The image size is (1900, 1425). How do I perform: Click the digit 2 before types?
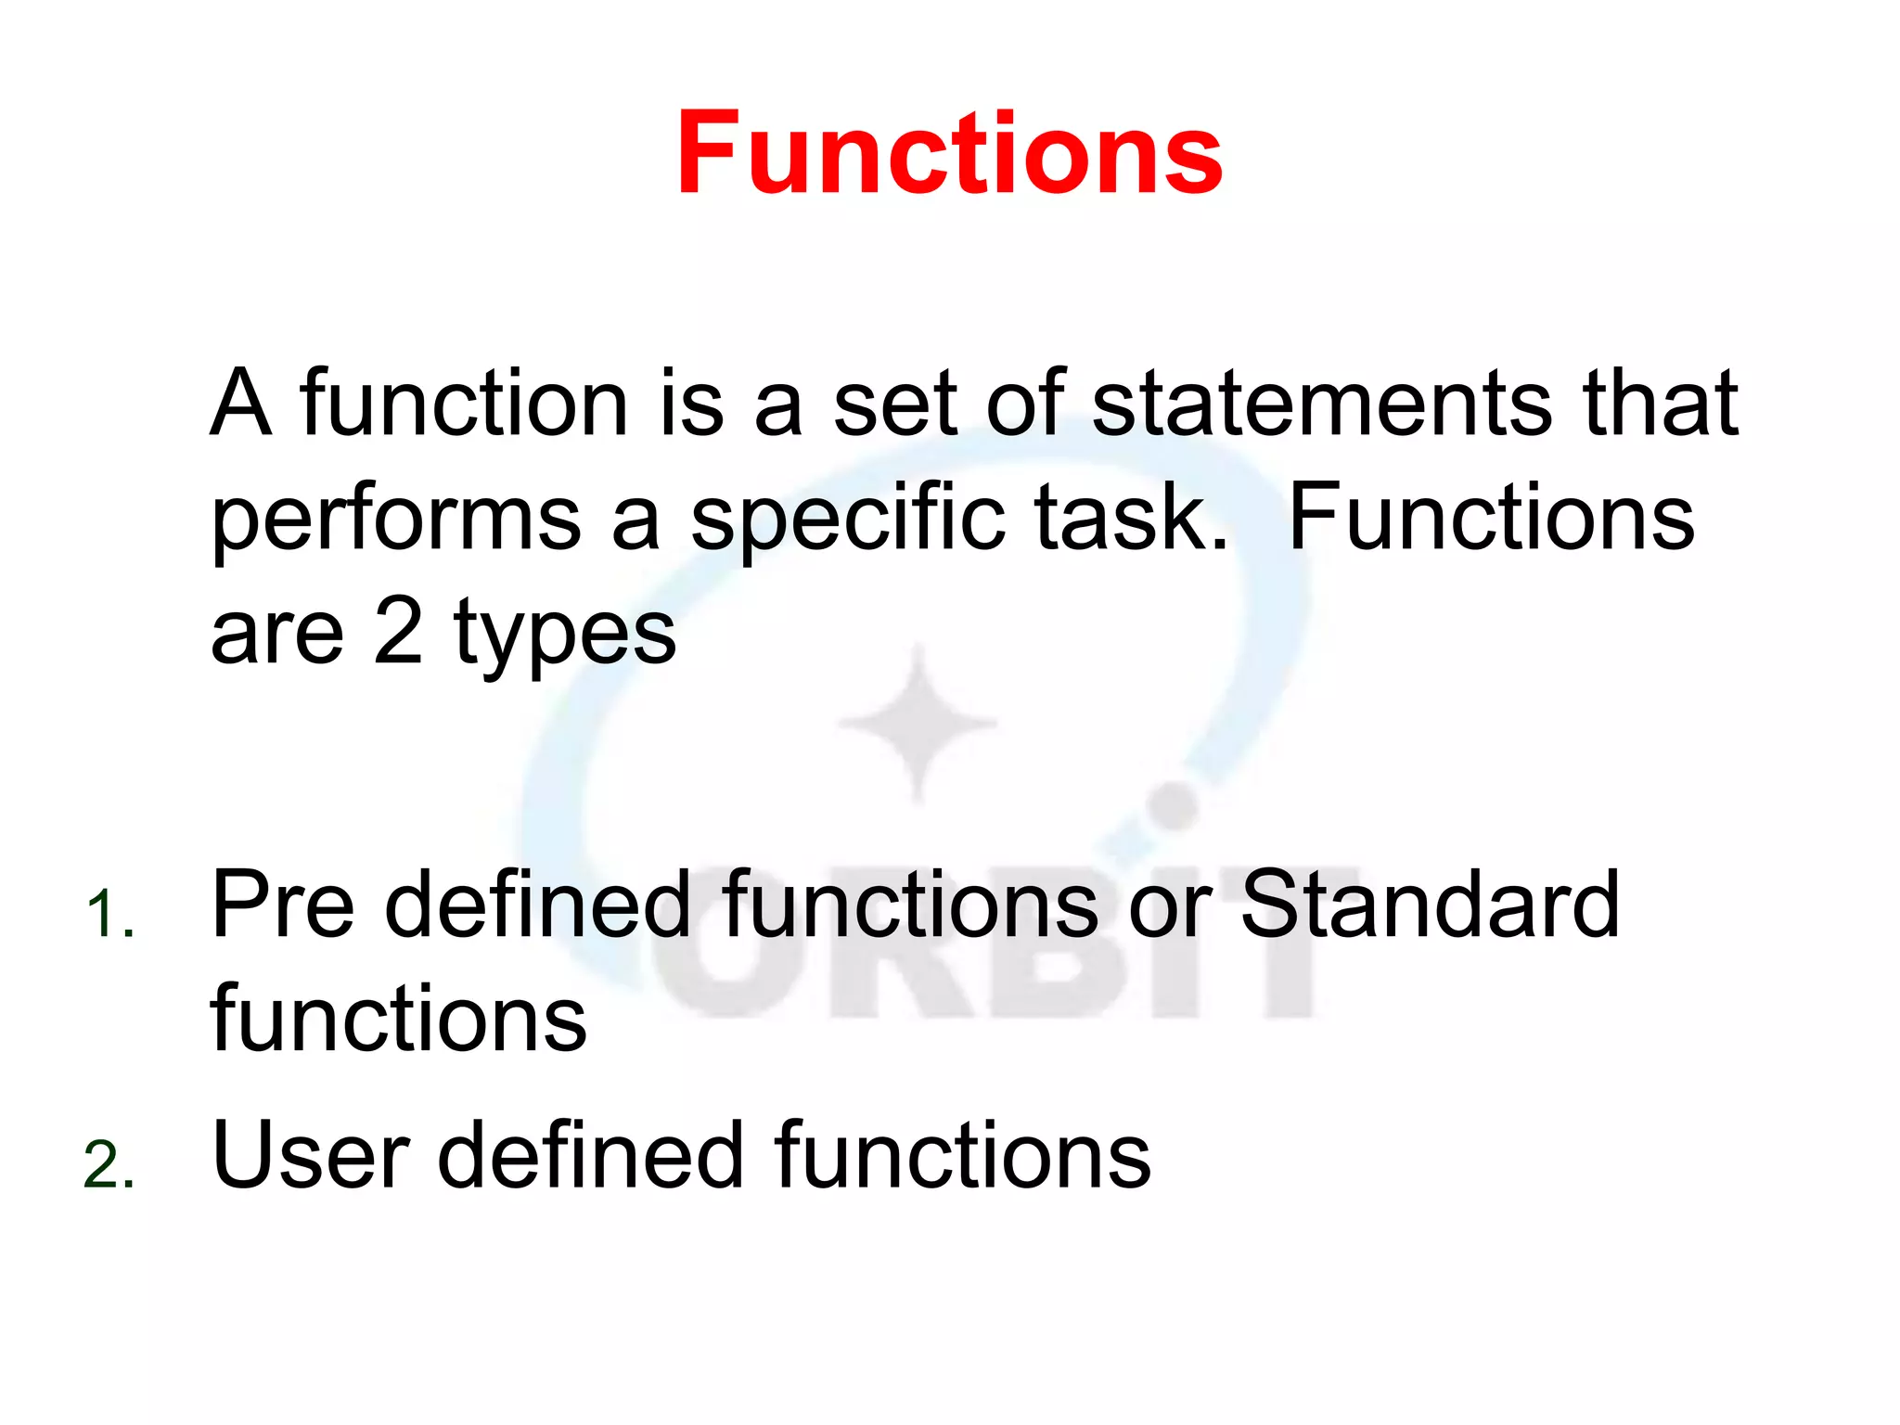click(399, 632)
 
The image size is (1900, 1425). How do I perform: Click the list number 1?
click(109, 915)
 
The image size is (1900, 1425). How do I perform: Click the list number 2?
click(109, 1165)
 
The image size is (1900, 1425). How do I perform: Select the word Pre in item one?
click(283, 905)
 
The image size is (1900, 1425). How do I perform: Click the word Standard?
click(1430, 905)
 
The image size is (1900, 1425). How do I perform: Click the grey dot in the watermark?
click(1174, 805)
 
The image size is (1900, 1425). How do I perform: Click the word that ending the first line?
click(1660, 404)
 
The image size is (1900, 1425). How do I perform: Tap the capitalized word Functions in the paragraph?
click(1491, 520)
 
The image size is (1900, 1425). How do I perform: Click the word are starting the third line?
click(276, 635)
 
